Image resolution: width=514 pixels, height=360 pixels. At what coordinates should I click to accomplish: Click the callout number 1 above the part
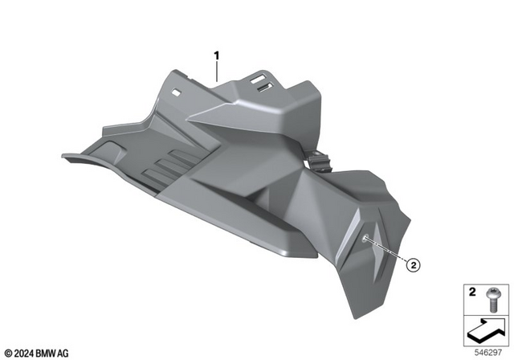click(x=216, y=55)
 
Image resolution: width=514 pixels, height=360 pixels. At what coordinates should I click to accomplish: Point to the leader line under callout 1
click(x=216, y=71)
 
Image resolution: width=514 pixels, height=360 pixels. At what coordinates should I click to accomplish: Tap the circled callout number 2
click(x=412, y=264)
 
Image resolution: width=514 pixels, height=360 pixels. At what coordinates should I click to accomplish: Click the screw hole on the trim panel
click(x=366, y=240)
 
